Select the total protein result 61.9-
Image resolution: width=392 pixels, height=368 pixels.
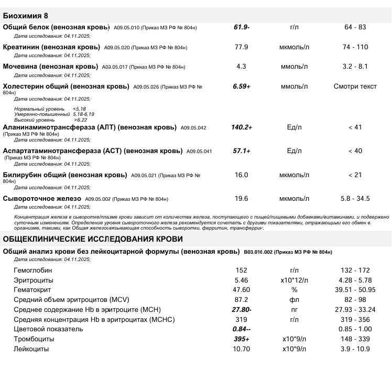(x=241, y=27)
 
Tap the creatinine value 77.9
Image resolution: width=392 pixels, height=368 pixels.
(x=241, y=47)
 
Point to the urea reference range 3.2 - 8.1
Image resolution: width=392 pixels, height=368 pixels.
(x=355, y=67)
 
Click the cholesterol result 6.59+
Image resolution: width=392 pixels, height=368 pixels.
(x=241, y=86)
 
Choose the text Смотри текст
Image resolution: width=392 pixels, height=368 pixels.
(x=355, y=86)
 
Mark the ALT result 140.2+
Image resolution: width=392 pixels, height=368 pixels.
(x=241, y=127)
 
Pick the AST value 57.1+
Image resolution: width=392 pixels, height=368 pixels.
(x=241, y=151)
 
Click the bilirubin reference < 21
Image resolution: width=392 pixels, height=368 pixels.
(x=355, y=175)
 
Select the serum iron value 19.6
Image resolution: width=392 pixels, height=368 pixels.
(x=241, y=199)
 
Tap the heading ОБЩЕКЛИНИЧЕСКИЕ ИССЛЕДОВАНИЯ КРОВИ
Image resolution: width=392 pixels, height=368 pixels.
(x=93, y=239)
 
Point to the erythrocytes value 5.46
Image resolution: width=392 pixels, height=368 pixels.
(x=241, y=280)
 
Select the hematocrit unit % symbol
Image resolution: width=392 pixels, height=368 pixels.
(x=294, y=290)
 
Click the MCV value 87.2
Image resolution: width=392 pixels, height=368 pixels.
(x=241, y=300)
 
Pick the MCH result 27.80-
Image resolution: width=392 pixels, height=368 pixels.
(x=241, y=310)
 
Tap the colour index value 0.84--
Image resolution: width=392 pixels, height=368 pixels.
(x=241, y=329)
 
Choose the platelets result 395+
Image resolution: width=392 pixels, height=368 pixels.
(x=241, y=339)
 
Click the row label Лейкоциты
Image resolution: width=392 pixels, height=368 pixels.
(x=31, y=349)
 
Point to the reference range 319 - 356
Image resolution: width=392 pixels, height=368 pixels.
(x=355, y=320)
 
